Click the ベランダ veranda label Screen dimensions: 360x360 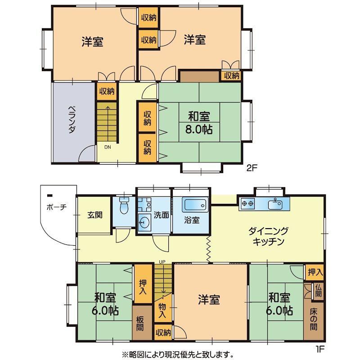tap(72, 120)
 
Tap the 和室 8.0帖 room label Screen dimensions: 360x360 tap(199, 123)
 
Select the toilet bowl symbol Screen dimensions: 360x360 tap(124, 206)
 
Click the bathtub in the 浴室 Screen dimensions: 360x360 tap(195, 204)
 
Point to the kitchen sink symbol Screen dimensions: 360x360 tap(275, 204)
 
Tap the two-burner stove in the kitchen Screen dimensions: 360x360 tap(248, 203)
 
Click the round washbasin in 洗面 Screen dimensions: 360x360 tap(144, 222)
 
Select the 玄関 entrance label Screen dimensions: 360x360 tap(95, 215)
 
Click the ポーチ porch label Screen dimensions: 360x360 tap(57, 207)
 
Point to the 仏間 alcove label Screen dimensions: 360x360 tap(318, 291)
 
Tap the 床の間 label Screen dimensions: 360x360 tap(314, 319)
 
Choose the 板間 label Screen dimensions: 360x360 tap(140, 323)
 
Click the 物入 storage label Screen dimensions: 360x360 tap(162, 310)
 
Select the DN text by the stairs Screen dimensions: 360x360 tap(108, 147)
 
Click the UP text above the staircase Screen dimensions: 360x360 tap(162, 261)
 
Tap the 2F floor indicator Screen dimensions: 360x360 tap(252, 168)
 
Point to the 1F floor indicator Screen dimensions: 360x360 tap(320, 349)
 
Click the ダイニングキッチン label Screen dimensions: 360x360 tap(268, 236)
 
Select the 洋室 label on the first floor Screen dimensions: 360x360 tap(209, 300)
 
